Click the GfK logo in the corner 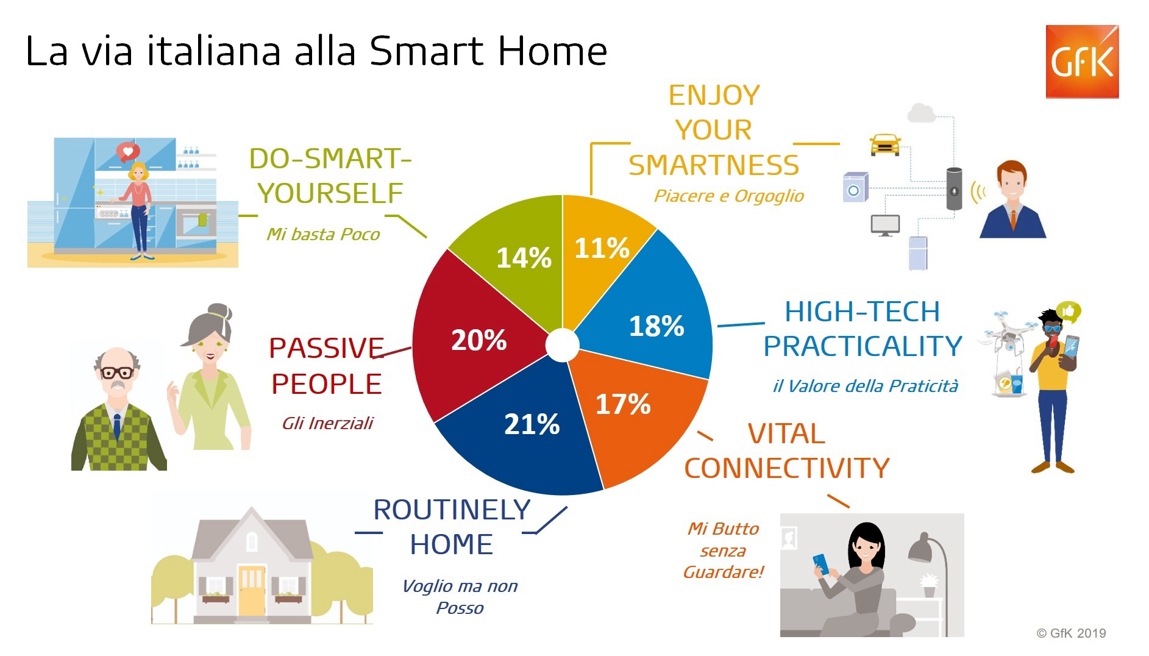click(x=1082, y=62)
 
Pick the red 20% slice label click(x=478, y=340)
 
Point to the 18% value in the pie click(x=656, y=326)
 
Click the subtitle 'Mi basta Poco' click(x=323, y=234)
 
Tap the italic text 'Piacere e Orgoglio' click(x=729, y=196)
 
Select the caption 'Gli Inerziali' click(x=327, y=423)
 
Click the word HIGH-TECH click(x=862, y=312)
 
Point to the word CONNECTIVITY click(x=786, y=468)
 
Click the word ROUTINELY click(x=452, y=510)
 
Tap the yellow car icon click(x=884, y=145)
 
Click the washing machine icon click(x=855, y=187)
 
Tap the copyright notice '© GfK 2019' click(x=1072, y=633)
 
